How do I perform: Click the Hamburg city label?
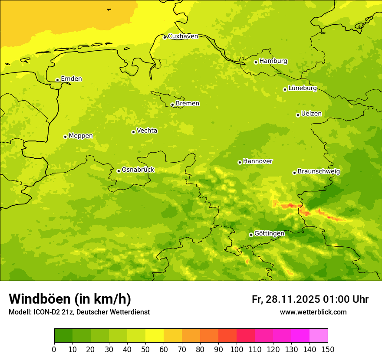(x=273, y=61)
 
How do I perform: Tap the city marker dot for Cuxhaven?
(x=165, y=37)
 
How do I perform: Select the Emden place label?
(x=71, y=79)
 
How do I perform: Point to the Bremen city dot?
(x=172, y=105)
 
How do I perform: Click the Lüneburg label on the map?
(x=303, y=88)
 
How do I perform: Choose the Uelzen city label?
(x=311, y=114)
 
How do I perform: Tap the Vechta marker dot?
(x=133, y=132)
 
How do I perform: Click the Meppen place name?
(x=81, y=136)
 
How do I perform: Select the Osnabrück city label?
(x=138, y=170)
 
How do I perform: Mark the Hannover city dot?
(x=240, y=162)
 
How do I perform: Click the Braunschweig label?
(x=319, y=172)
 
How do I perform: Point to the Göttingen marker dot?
(x=251, y=235)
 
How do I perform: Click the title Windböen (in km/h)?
(x=70, y=299)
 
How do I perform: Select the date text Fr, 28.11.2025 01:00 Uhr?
(x=310, y=299)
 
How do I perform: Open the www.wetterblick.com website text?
(x=313, y=312)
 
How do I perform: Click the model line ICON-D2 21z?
(x=79, y=312)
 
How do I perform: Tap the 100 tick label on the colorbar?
(x=237, y=350)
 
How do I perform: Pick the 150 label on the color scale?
(x=328, y=350)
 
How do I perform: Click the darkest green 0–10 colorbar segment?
(x=63, y=336)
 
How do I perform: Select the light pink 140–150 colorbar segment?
(x=319, y=336)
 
